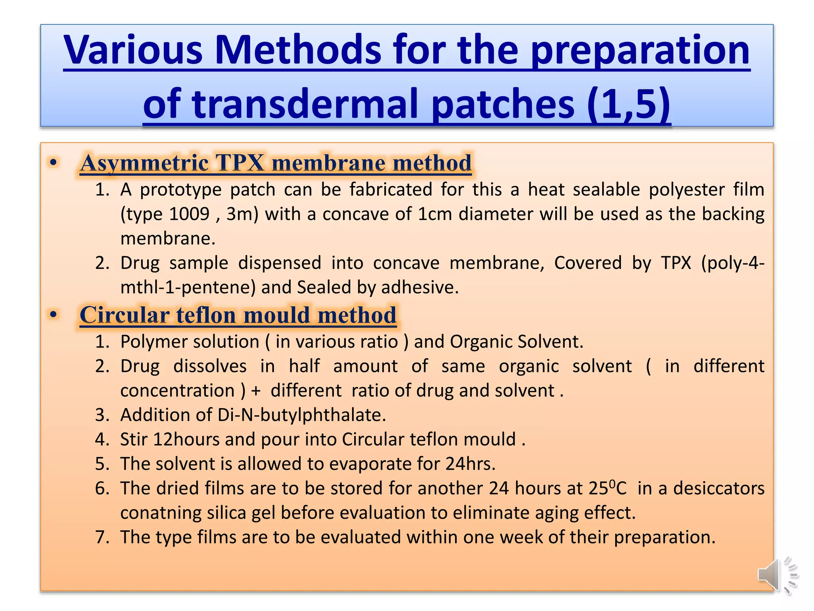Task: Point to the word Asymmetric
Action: [144, 163]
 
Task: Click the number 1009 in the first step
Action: [189, 214]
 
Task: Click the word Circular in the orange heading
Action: [124, 315]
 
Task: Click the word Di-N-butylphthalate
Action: [301, 415]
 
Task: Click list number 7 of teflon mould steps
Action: [102, 537]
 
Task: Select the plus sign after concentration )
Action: [256, 391]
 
